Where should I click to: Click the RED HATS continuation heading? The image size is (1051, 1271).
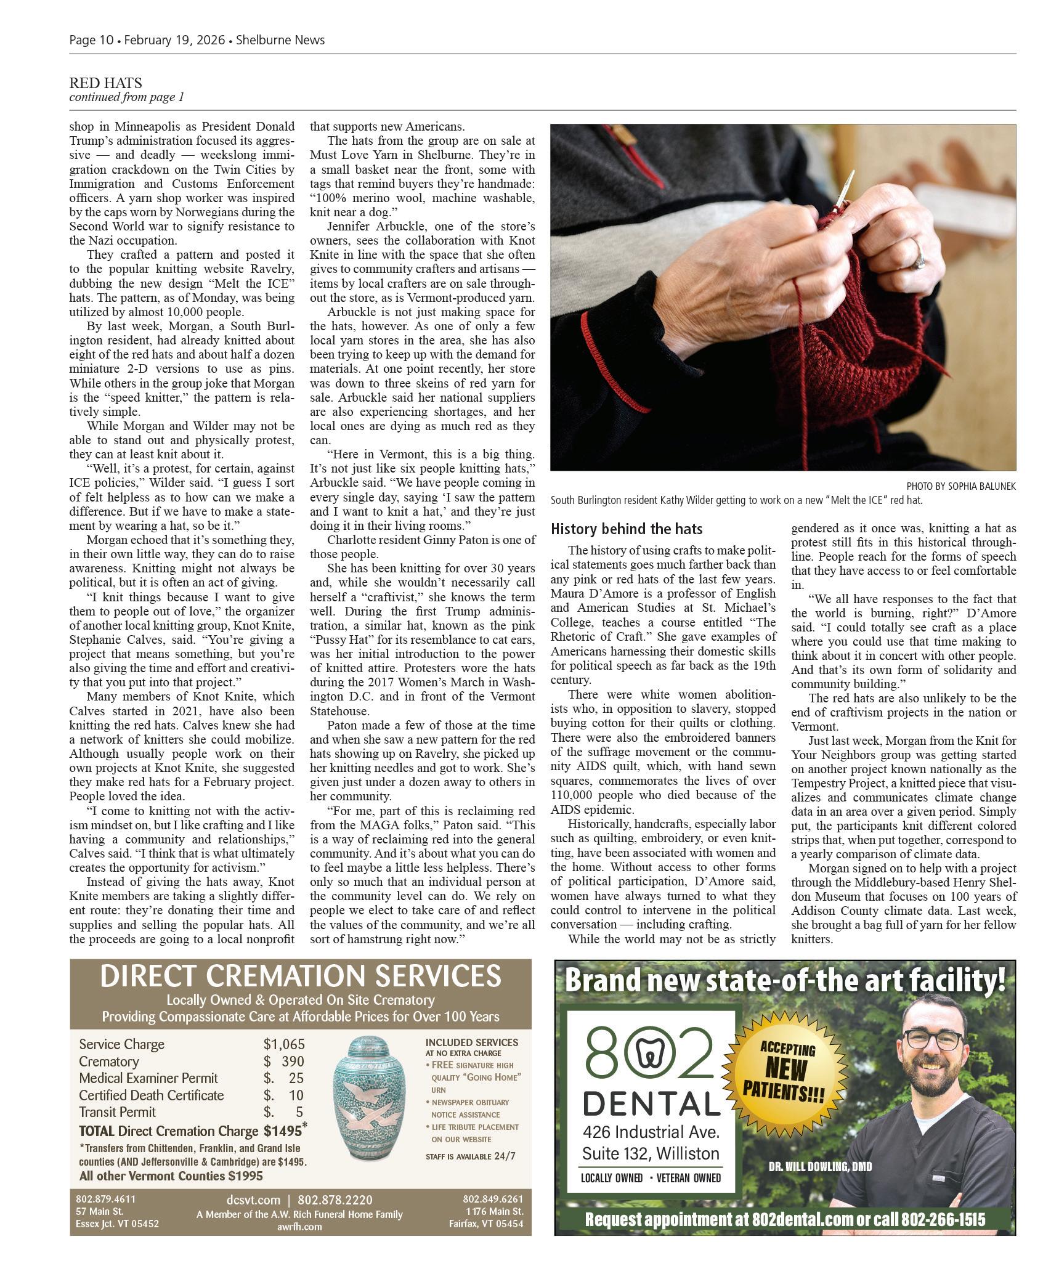click(105, 83)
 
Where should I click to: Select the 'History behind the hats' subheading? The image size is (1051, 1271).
click(626, 529)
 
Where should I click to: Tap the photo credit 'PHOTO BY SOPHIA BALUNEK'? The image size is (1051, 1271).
click(960, 486)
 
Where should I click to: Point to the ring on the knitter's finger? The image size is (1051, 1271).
click(919, 261)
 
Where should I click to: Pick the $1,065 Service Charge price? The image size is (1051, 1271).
click(284, 1044)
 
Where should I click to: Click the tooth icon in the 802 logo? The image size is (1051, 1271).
click(650, 1058)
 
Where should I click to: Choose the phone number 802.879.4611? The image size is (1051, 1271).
click(105, 1199)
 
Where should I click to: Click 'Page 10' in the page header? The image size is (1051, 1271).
click(91, 40)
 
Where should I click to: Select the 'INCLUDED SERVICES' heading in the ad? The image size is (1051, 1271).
click(471, 1042)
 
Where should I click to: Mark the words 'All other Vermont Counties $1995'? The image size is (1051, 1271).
click(171, 1176)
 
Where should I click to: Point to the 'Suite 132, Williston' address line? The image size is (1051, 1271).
click(651, 1153)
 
